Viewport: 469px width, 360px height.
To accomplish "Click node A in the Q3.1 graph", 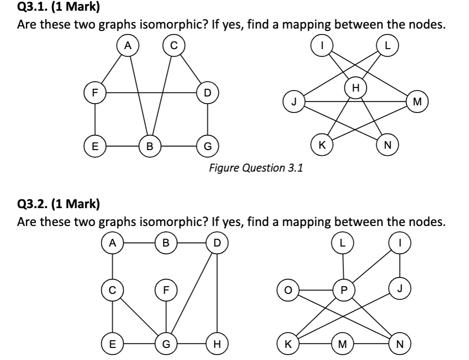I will coord(128,45).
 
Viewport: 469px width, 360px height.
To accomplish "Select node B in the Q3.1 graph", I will coord(150,145).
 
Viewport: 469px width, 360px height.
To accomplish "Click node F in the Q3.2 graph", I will coord(166,289).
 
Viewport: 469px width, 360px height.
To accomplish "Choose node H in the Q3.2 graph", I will coord(218,344).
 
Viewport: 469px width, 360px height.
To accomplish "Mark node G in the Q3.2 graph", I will coord(166,344).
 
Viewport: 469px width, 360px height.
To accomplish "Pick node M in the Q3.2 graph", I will coord(343,344).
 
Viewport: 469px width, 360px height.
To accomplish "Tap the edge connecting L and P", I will coord(343,267).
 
